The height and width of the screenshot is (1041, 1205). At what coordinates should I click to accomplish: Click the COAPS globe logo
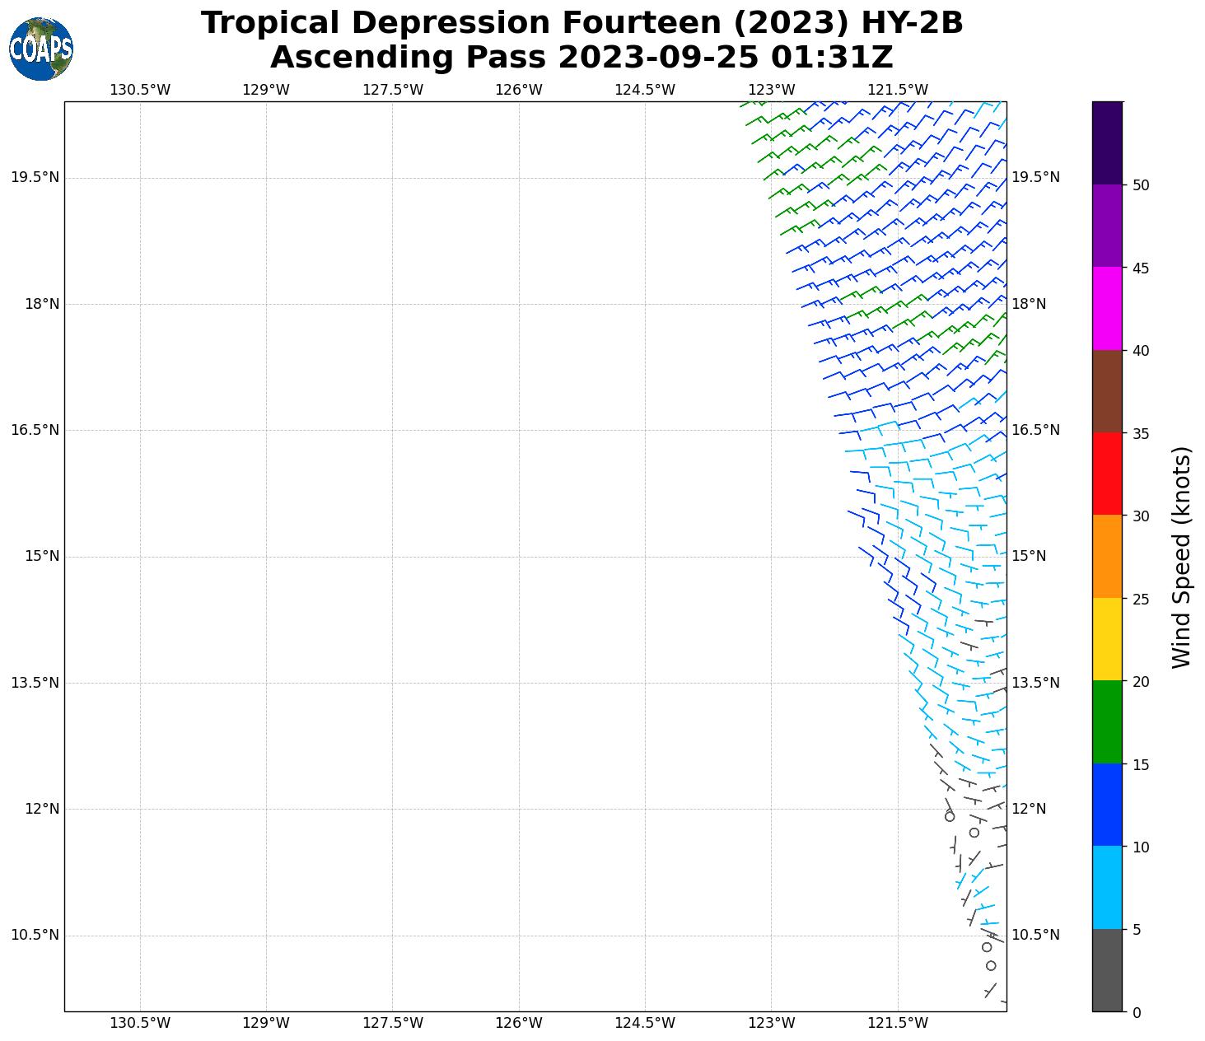[x=41, y=49]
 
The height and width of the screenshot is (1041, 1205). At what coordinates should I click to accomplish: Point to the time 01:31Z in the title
[x=832, y=58]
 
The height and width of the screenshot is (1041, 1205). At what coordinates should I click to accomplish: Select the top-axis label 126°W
[x=519, y=90]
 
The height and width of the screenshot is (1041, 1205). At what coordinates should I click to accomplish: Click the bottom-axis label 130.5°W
[x=140, y=1023]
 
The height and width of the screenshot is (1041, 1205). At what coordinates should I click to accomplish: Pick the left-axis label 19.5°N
[x=35, y=178]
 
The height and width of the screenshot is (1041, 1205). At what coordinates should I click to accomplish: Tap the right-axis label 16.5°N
[x=1035, y=430]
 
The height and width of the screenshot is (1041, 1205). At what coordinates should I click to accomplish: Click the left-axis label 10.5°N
[x=35, y=935]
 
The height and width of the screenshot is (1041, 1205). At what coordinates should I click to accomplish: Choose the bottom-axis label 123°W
[x=772, y=1023]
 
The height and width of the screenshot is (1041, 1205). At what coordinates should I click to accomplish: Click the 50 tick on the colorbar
[x=1141, y=185]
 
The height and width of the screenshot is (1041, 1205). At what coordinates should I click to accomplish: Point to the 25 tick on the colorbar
[x=1141, y=599]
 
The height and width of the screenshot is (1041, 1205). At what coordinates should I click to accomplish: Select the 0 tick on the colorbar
[x=1137, y=1012]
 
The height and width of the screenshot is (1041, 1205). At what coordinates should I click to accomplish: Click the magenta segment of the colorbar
[x=1107, y=309]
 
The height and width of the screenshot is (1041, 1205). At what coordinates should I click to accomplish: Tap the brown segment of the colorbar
[x=1107, y=391]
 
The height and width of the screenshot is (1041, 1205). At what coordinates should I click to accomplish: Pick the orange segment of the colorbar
[x=1107, y=557]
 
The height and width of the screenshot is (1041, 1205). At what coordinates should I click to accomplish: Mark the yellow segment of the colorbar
[x=1107, y=639]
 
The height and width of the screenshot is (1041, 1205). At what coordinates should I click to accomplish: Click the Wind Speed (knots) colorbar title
[x=1181, y=557]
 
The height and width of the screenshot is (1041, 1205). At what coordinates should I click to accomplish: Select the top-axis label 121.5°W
[x=898, y=90]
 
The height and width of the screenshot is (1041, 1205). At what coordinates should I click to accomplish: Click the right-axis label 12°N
[x=1029, y=809]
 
